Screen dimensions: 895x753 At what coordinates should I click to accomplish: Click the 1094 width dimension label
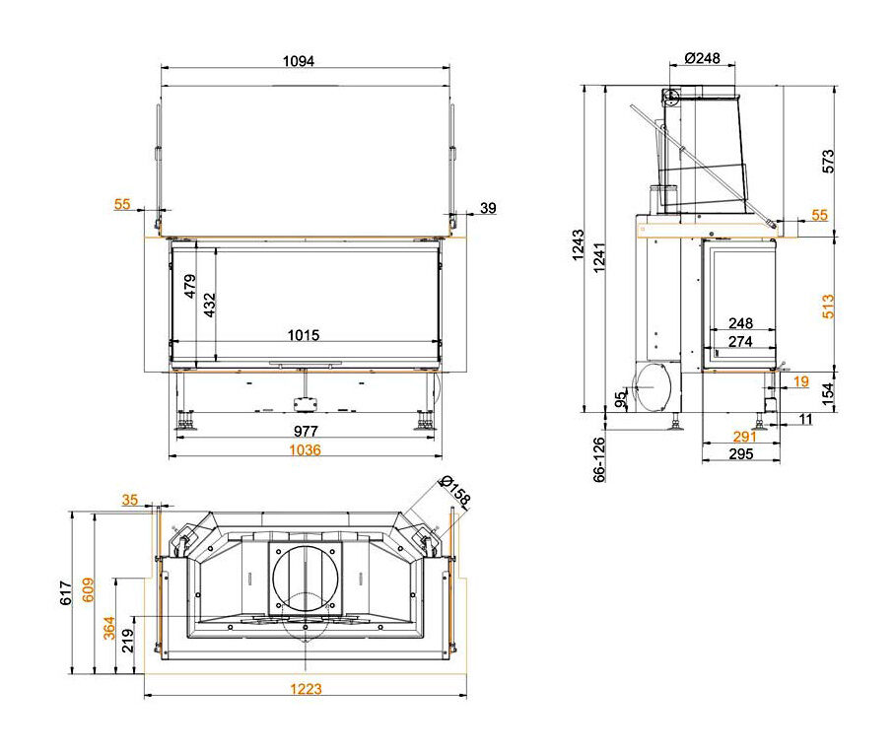(299, 60)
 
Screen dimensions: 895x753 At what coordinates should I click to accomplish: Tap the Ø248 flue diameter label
(702, 58)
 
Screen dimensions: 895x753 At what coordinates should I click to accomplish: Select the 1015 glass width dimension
(303, 334)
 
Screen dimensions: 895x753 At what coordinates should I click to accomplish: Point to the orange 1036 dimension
(305, 449)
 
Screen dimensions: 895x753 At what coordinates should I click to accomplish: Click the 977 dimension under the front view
(306, 431)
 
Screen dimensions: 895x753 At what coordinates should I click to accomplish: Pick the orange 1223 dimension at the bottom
(306, 689)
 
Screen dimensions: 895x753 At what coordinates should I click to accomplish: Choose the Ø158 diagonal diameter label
(455, 491)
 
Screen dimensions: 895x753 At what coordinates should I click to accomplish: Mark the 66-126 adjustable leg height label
(598, 459)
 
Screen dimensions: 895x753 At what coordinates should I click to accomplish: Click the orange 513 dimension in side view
(828, 306)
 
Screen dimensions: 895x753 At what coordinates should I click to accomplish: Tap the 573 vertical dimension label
(828, 162)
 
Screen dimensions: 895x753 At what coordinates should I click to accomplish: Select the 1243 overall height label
(579, 244)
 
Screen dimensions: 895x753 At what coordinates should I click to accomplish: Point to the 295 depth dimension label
(741, 453)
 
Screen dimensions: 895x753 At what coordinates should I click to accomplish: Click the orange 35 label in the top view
(129, 500)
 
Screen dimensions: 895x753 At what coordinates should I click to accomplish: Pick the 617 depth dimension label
(66, 592)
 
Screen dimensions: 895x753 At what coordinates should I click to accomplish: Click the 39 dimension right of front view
(488, 208)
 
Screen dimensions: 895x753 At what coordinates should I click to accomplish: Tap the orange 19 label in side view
(800, 381)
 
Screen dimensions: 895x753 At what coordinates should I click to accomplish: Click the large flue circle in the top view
(306, 579)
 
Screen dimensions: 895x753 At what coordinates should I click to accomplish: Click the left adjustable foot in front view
(185, 421)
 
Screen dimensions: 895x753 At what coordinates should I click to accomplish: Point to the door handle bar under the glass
(306, 363)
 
